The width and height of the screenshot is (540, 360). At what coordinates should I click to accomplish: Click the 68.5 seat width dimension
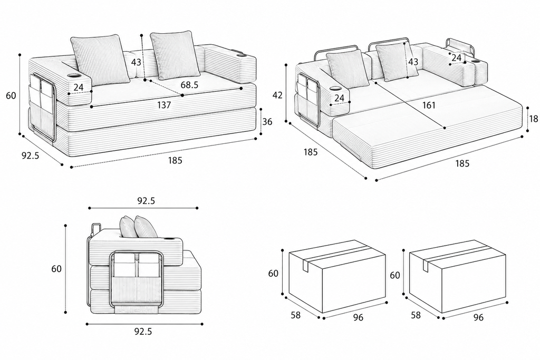(189, 85)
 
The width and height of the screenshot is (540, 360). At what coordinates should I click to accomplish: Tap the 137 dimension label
(164, 105)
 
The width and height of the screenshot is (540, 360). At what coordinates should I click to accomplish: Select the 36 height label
(267, 122)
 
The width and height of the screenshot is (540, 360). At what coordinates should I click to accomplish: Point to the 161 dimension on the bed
(429, 105)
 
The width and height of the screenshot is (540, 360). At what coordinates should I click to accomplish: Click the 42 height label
(277, 95)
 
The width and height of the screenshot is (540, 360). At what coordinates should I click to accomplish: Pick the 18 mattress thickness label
(534, 119)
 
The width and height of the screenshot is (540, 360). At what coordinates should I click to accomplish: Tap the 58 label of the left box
(295, 315)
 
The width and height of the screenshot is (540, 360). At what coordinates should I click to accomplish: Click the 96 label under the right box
(478, 317)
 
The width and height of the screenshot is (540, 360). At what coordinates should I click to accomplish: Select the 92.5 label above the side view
(147, 201)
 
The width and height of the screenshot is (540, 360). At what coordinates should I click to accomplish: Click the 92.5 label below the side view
(143, 332)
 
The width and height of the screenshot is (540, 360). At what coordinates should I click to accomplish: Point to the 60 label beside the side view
(56, 268)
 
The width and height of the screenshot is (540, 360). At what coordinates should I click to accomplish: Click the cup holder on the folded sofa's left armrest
(74, 75)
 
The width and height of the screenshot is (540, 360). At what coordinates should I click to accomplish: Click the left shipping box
(337, 277)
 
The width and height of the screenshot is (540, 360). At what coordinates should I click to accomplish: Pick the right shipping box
(457, 277)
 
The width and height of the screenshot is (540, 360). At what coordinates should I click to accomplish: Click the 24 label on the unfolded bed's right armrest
(456, 58)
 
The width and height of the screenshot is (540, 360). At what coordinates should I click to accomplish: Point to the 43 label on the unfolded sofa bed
(413, 62)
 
